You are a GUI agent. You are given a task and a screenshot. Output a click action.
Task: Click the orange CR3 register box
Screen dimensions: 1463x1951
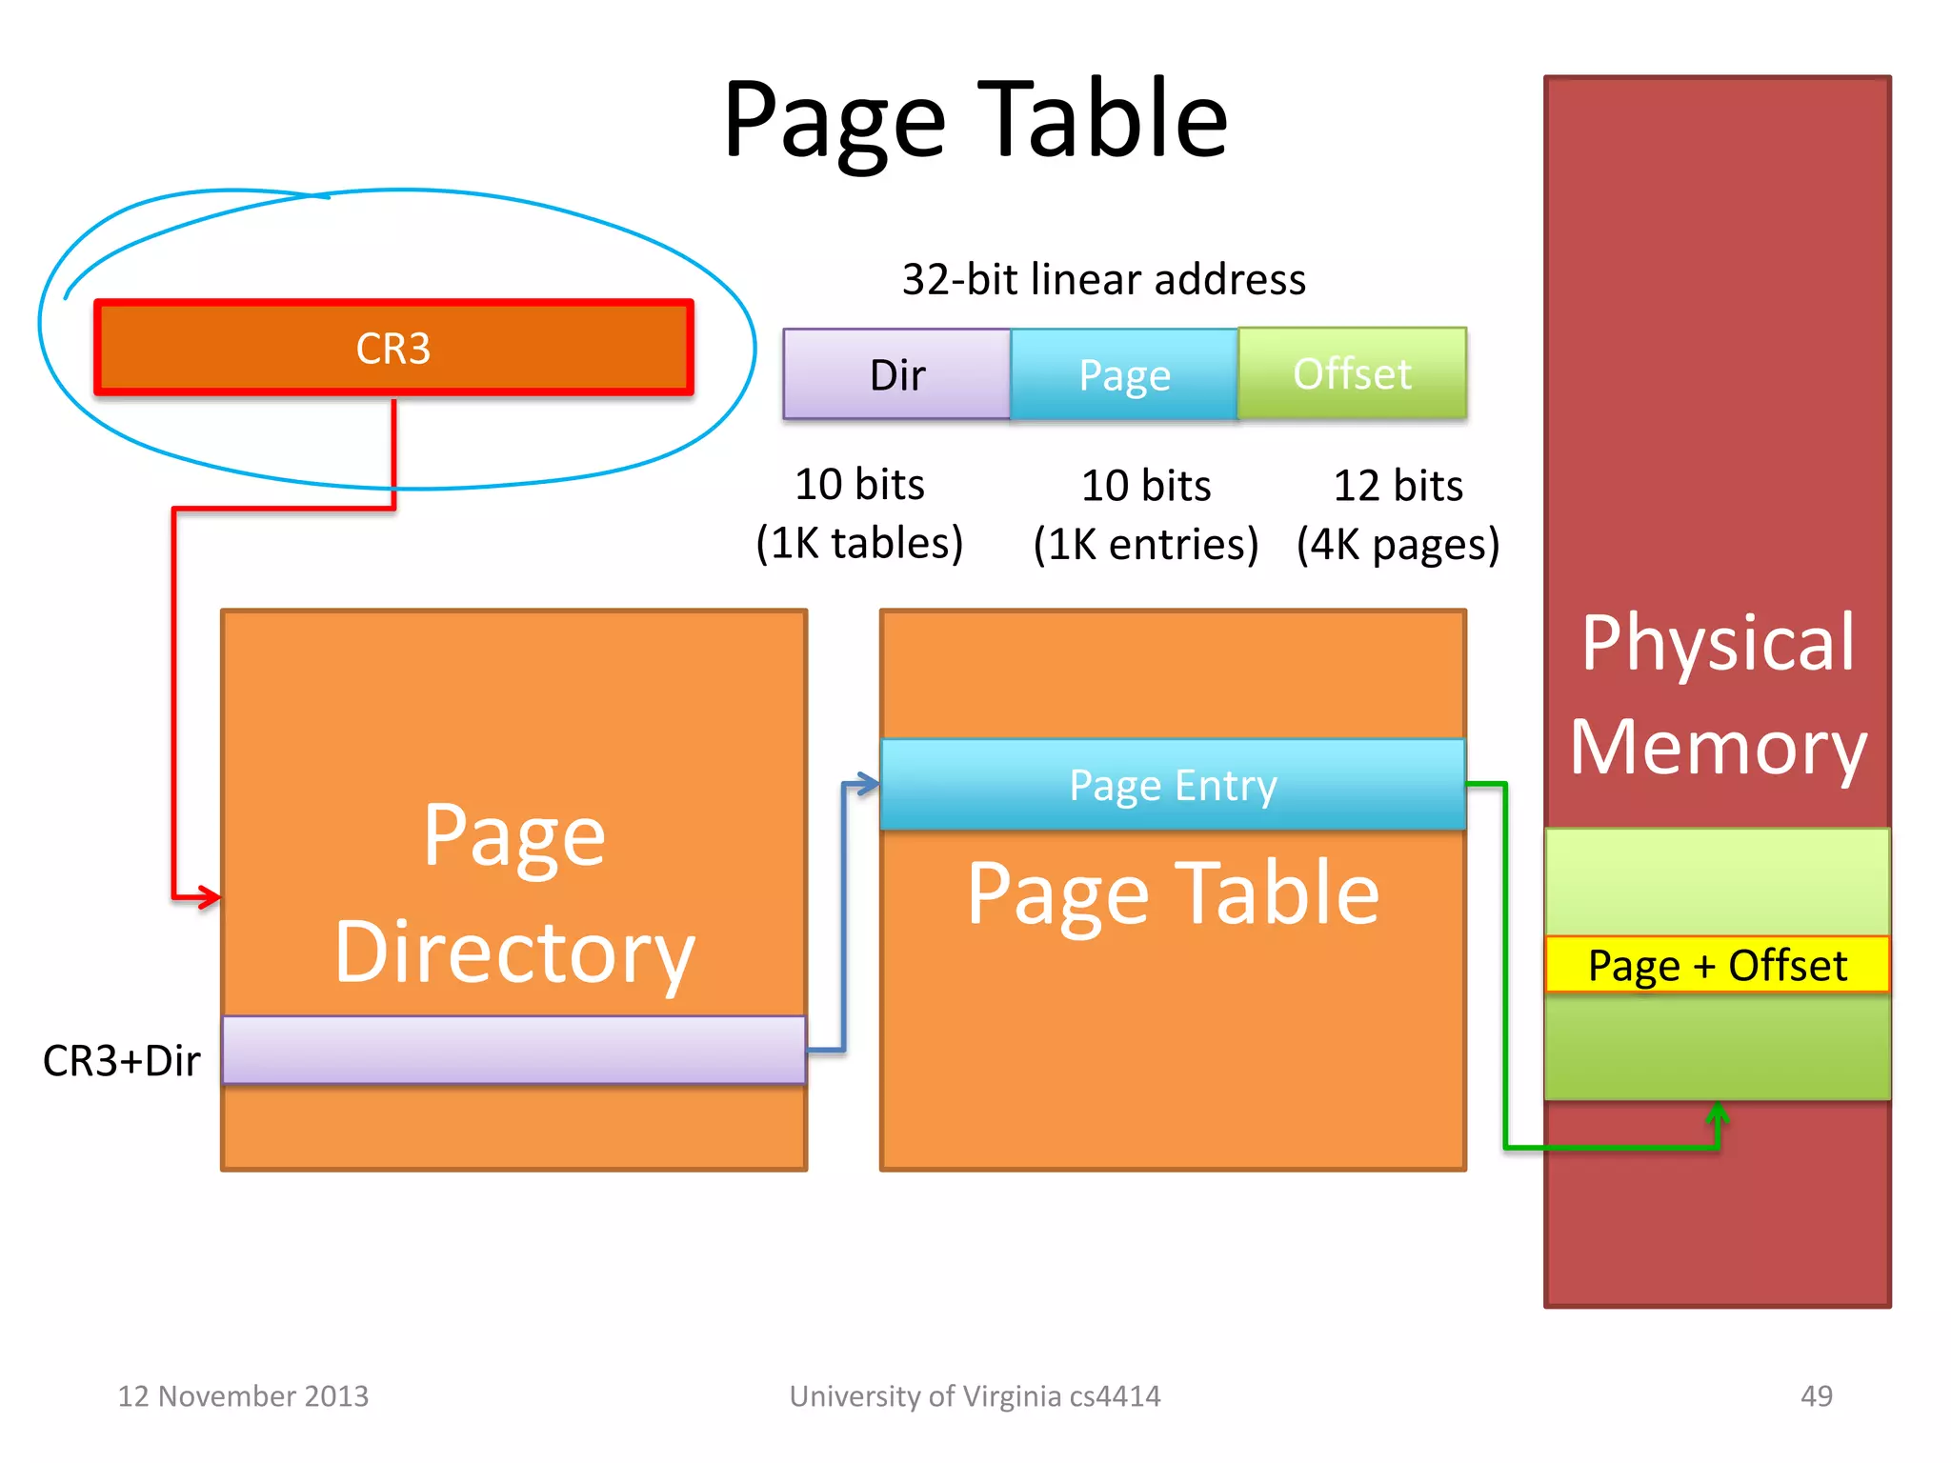pos(393,348)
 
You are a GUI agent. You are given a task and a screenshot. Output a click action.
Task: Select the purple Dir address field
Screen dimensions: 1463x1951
pos(896,374)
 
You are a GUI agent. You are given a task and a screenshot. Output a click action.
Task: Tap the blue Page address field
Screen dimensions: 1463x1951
pos(1124,374)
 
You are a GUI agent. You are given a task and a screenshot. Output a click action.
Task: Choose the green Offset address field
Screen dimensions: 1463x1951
pos(1352,373)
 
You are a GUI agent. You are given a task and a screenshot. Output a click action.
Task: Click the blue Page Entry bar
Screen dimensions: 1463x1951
pos(1173,785)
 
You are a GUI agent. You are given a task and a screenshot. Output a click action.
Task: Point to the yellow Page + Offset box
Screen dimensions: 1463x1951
pos(1717,965)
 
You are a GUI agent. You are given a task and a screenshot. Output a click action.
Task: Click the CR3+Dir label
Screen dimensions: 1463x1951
pos(121,1060)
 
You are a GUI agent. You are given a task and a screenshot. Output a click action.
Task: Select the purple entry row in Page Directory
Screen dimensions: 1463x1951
pos(513,1050)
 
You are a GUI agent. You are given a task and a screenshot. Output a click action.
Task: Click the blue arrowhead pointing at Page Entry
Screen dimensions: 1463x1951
pos(867,784)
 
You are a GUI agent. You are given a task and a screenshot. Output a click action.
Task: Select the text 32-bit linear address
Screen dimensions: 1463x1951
pos(1103,279)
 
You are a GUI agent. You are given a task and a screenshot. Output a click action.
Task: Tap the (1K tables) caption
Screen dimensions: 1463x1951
pos(859,543)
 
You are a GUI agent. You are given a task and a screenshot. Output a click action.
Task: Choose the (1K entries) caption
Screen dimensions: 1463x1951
pos(1146,544)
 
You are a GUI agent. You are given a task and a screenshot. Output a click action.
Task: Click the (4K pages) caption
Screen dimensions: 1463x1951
pos(1398,544)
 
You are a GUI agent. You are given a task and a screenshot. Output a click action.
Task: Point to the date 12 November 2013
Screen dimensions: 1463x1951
pos(243,1395)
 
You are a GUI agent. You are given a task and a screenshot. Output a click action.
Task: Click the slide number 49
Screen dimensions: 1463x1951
pos(1816,1395)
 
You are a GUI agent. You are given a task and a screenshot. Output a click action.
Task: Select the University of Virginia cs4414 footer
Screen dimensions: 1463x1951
pos(975,1395)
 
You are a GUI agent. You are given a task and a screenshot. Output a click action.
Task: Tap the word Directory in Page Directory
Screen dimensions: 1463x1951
pos(514,952)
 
